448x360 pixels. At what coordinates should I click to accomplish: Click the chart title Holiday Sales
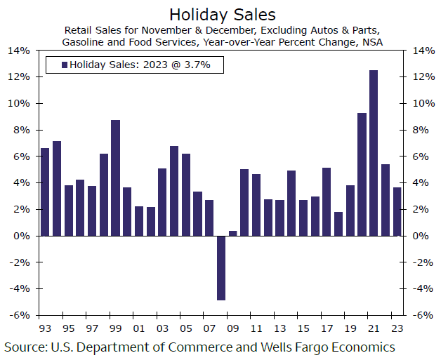pos(222,13)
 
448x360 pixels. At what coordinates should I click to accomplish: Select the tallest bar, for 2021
pos(374,153)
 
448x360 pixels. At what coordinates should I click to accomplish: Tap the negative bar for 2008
pos(221,268)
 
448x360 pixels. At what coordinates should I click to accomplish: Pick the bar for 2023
pos(397,211)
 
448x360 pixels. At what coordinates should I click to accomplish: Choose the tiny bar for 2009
pos(233,233)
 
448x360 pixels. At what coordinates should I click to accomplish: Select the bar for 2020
pos(362,174)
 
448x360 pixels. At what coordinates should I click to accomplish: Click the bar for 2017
pos(327,201)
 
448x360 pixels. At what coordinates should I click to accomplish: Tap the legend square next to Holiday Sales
pos(65,65)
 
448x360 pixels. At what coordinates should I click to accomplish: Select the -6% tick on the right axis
pos(423,315)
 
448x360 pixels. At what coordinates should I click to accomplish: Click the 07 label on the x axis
pos(209,328)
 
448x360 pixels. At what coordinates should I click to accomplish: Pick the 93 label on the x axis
pos(45,328)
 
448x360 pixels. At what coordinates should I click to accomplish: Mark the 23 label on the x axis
pos(397,328)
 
